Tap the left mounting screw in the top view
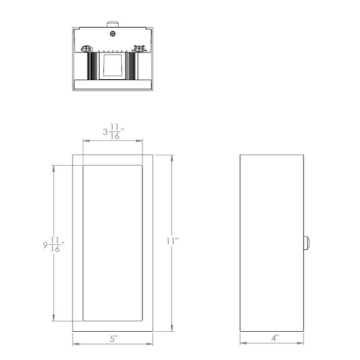[x=86, y=49]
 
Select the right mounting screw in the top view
[x=138, y=49]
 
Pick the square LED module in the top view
[x=112, y=66]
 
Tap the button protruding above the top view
[x=112, y=24]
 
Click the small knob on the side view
[x=307, y=243]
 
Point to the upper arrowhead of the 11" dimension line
[x=172, y=156]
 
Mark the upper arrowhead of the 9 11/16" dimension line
[x=53, y=167]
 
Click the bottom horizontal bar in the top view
[x=112, y=85]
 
